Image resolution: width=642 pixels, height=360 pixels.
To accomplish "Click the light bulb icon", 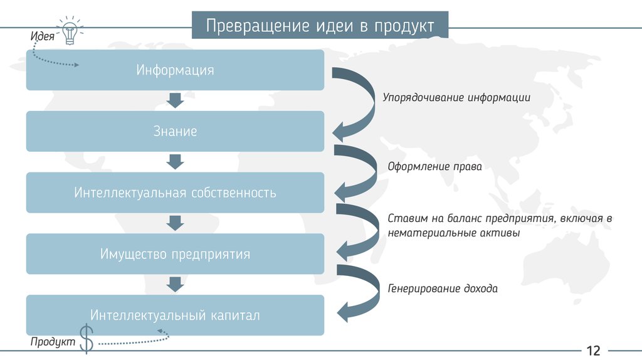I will pos(70,31).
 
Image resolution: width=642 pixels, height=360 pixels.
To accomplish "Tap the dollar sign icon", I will pos(87,339).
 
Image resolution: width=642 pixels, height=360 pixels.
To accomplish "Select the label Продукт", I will pos(53,342).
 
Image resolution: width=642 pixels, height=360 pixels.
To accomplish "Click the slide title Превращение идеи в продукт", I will pos(320,26).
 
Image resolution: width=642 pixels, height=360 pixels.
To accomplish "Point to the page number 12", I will pos(593,350).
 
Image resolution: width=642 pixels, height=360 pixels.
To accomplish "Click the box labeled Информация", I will pos(175,70).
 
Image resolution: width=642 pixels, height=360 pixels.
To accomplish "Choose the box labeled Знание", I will pos(175,131).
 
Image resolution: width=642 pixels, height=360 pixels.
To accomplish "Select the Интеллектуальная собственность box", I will pos(175,193).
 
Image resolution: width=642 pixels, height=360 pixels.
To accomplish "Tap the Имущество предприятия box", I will pos(175,254).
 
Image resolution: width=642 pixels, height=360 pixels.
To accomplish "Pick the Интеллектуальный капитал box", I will pos(175,315).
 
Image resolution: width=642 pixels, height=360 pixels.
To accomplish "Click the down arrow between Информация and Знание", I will pos(175,100).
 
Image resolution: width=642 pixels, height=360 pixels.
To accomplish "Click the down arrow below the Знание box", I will pos(175,162).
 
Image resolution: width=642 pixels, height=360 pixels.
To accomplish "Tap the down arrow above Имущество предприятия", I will pos(175,223).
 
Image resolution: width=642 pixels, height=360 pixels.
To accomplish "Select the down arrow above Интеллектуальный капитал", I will pos(175,285).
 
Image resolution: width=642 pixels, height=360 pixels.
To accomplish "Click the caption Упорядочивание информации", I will pos(456,98).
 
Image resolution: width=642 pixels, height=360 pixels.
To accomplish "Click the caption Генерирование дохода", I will pos(443,289).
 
